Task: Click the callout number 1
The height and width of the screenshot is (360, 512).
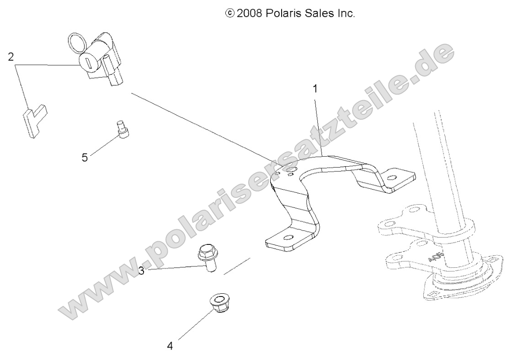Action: [x=315, y=89]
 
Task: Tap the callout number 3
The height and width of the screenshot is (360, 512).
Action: [x=142, y=271]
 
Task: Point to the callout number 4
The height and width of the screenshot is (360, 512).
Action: [x=170, y=346]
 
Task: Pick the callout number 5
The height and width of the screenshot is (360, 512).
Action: [x=85, y=158]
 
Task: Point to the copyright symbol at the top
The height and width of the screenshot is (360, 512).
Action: [x=229, y=14]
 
